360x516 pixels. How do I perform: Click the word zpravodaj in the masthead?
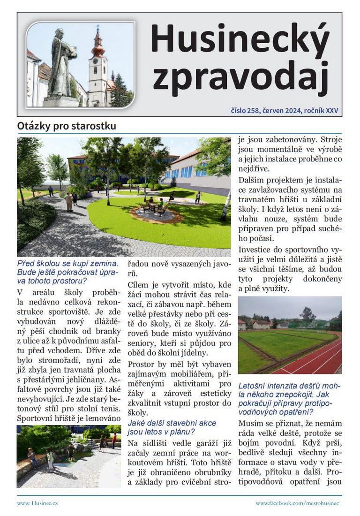[x=240, y=77]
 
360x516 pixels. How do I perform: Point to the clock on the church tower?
[x=97, y=61]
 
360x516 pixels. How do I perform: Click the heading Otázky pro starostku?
[x=67, y=126]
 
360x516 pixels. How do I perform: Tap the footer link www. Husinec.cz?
[x=37, y=503]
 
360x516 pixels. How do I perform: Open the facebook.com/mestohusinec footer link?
[x=297, y=503]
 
